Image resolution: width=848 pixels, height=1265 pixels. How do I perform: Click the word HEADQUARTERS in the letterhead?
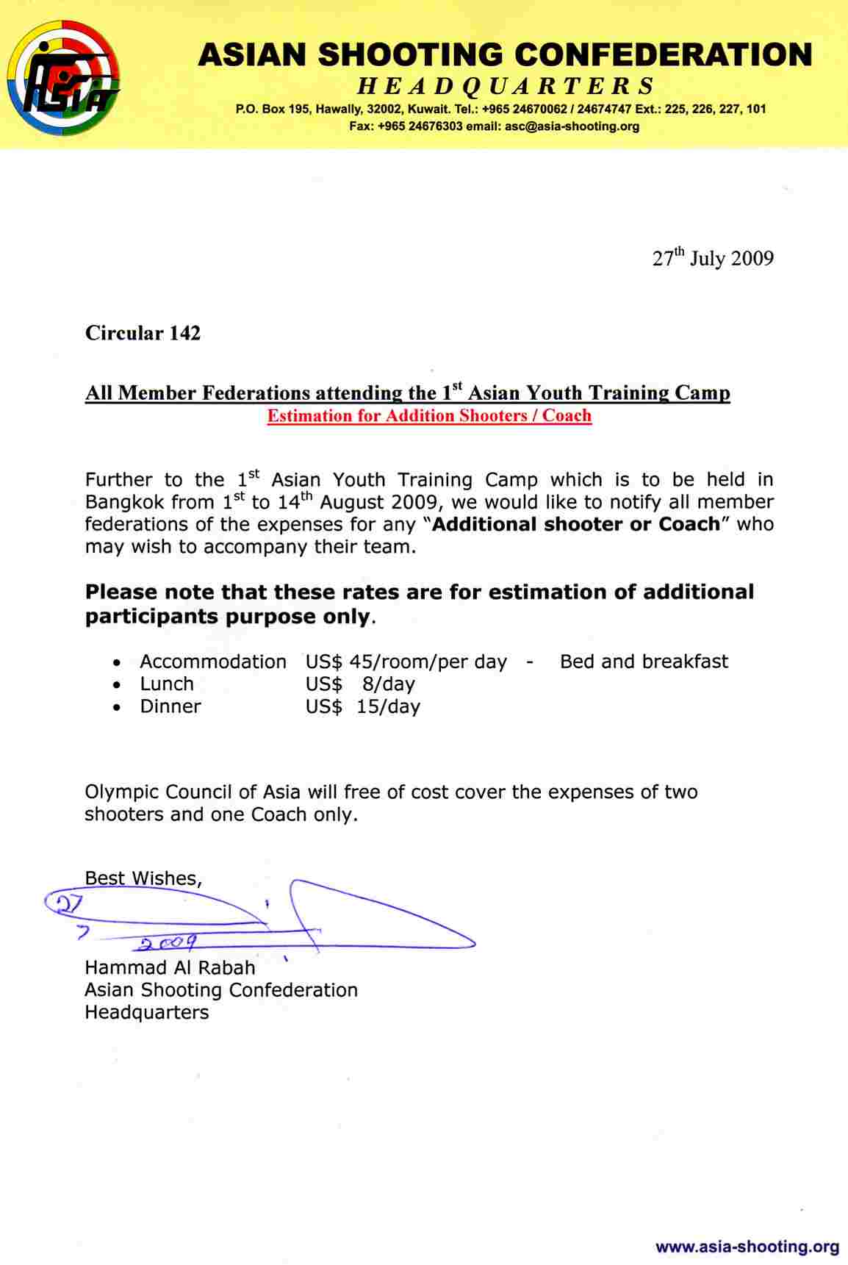506,86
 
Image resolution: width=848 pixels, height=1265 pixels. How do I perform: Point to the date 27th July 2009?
712,258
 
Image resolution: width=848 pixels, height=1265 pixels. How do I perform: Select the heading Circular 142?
143,333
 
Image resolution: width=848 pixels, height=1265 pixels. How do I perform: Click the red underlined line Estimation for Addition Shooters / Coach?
429,416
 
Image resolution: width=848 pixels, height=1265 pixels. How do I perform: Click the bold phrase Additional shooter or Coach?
576,525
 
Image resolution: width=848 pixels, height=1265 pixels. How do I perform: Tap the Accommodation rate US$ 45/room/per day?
406,662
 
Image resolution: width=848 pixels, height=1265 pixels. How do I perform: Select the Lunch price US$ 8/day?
360,684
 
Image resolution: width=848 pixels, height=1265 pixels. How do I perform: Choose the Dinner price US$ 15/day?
363,706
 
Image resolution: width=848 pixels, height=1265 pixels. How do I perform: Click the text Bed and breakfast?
644,662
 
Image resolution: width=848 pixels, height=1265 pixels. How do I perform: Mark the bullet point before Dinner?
118,707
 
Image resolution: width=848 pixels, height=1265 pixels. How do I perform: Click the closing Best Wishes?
143,878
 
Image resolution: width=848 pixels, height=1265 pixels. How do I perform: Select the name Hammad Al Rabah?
170,967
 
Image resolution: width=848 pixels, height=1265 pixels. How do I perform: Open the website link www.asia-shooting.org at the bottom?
747,1247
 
